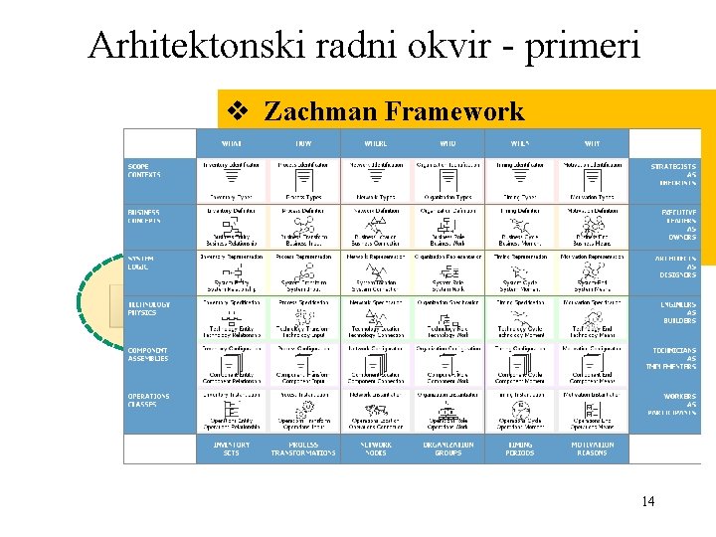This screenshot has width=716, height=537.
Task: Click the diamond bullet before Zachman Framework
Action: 239,111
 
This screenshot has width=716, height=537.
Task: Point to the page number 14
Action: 647,501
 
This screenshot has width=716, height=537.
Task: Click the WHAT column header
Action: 232,143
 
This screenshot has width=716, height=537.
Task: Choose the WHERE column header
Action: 376,143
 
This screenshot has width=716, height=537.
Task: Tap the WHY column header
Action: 592,143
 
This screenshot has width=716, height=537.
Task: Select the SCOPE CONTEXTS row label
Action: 144,170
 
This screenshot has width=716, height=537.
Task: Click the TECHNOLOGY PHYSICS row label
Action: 148,308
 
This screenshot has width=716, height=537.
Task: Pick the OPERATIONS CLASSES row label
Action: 148,400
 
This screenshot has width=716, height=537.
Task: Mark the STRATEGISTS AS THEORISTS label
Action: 673,174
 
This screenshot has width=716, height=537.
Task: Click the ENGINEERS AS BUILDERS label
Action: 673,312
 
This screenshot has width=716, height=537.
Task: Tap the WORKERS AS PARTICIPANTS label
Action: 673,404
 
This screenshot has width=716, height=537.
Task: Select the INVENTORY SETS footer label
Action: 232,448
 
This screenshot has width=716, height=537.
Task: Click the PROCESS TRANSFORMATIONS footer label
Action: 303,448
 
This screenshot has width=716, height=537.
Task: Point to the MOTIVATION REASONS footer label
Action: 592,448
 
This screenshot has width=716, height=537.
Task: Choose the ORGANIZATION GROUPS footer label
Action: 447,448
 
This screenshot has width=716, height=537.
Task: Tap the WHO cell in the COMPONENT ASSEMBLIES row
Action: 447,365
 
